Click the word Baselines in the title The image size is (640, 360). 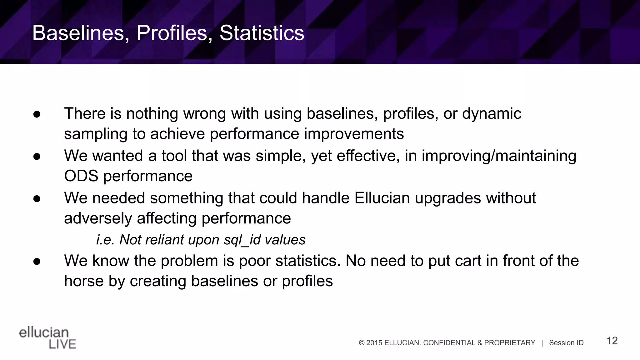[x=78, y=33]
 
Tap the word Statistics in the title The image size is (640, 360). [x=262, y=33]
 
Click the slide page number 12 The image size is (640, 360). [x=612, y=341]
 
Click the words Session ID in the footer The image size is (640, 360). [x=566, y=343]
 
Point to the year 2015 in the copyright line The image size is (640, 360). [x=374, y=343]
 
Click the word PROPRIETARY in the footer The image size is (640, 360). [x=509, y=343]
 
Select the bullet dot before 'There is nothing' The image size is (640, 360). [x=37, y=114]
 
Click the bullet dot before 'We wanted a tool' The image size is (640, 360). [x=37, y=157]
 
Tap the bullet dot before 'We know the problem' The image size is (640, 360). [x=37, y=261]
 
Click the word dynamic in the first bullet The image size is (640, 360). [x=492, y=114]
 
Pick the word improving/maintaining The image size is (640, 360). [x=499, y=156]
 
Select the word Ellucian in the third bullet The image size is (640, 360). [x=382, y=198]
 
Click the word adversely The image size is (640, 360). [x=98, y=218]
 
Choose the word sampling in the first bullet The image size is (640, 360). [x=96, y=134]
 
